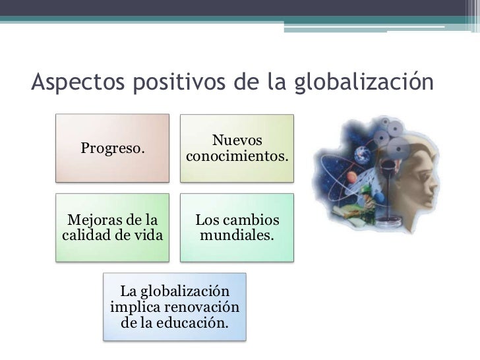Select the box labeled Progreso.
click(x=112, y=148)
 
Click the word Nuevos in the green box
click(x=237, y=140)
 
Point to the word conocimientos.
click(x=237, y=158)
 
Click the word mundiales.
click(x=237, y=234)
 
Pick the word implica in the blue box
click(x=137, y=308)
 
